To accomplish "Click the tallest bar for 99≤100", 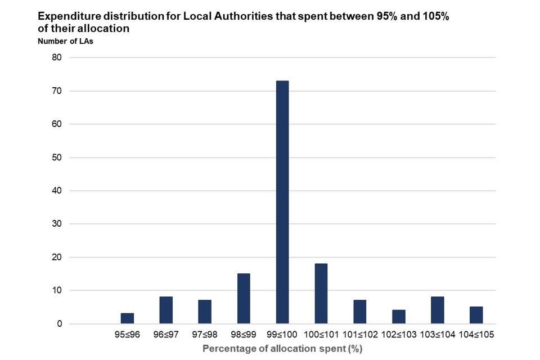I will pos(282,202).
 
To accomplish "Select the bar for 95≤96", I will pos(127,318).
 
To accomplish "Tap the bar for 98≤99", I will pos(244,299).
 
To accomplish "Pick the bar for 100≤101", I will pos(321,294).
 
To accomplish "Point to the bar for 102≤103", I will pos(398,317).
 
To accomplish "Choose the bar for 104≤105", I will pos(476,315).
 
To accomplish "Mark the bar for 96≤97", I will pos(166,310).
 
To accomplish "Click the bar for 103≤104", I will pos(437,310).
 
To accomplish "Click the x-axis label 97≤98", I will pos(205,334).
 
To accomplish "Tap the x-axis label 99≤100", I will pos(282,334).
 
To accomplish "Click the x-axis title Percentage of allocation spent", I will pos(282,349).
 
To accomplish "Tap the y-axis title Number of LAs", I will pos(65,41).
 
